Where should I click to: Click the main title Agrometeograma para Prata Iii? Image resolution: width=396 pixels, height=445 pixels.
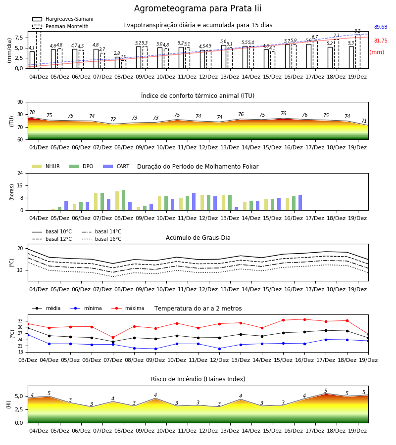point(198,8)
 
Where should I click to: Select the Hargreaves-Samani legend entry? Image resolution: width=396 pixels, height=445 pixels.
point(62,19)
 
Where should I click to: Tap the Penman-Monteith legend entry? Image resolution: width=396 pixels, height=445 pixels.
point(60,26)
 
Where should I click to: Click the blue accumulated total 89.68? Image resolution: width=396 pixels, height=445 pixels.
point(381,27)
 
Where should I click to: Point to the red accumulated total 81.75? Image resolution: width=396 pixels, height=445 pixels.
point(381,41)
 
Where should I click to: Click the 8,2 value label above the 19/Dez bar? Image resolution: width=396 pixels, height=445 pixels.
point(357,31)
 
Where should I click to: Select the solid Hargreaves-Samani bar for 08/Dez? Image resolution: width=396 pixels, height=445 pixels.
point(117,63)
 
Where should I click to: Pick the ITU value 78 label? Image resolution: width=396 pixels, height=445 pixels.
point(32,112)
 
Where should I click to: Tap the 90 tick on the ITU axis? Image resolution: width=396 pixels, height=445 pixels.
point(20,102)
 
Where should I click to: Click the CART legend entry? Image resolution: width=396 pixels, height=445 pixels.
point(116,166)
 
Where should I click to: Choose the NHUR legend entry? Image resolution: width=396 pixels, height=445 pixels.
point(46,166)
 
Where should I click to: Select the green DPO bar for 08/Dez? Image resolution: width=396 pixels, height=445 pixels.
point(124,200)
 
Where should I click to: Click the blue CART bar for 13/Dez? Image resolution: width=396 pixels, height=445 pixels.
point(236,209)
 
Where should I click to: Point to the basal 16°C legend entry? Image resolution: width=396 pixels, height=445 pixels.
point(101,239)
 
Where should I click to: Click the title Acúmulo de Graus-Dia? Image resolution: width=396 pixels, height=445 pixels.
point(198,237)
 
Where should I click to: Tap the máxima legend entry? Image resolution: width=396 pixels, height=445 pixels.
point(128,308)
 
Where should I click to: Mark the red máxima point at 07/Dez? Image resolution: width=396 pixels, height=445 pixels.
point(113,337)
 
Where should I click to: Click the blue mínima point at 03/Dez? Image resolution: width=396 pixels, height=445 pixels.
point(28,335)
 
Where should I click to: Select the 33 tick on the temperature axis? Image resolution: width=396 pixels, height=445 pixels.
point(20,321)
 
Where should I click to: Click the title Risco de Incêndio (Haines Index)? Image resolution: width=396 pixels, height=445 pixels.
point(198,379)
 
